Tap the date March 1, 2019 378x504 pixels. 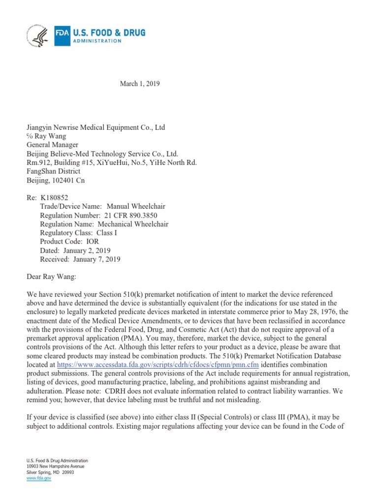coord(140,84)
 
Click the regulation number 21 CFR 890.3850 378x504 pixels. coord(131,215)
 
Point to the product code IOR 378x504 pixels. coord(93,242)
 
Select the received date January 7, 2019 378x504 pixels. coord(96,259)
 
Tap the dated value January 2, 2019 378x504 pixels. coord(89,251)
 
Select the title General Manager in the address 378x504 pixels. coord(52,145)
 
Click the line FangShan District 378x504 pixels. coord(53,172)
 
